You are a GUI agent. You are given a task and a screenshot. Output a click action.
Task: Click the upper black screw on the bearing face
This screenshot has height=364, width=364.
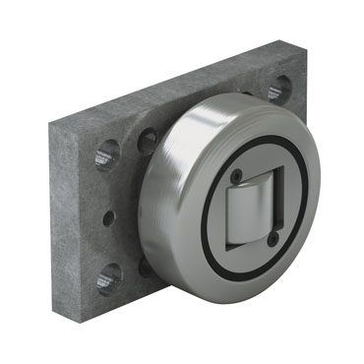click(x=237, y=176)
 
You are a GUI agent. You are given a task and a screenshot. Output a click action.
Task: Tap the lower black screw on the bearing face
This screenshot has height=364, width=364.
click(x=272, y=239)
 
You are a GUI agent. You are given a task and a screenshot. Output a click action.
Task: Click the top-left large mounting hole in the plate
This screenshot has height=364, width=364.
click(x=107, y=153)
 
